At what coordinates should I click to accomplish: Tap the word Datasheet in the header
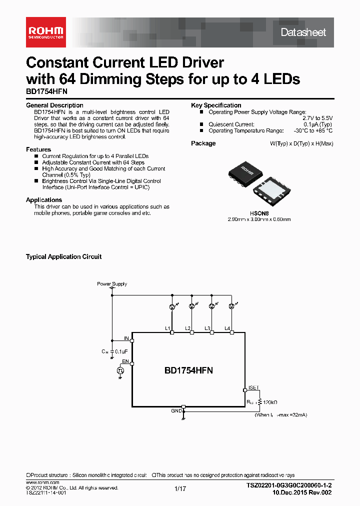coord(303,32)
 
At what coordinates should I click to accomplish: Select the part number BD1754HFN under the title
coord(46,92)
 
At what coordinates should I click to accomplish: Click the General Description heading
coord(54,105)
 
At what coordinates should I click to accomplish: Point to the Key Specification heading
coord(216,105)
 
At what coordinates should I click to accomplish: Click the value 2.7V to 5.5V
coord(317,118)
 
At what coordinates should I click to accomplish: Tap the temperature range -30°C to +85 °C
coord(312,131)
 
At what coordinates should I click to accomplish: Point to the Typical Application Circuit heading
coord(63,257)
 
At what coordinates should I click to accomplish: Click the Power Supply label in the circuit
coord(112,284)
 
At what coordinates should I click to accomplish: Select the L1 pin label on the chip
coord(167,328)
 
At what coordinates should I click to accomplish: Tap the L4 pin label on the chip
coord(227,328)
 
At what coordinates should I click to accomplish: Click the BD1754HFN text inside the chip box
coord(188,370)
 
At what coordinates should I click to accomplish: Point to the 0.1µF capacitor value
coord(122,351)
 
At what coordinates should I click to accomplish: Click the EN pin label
coord(125,361)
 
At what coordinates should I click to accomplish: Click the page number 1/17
coord(180,489)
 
